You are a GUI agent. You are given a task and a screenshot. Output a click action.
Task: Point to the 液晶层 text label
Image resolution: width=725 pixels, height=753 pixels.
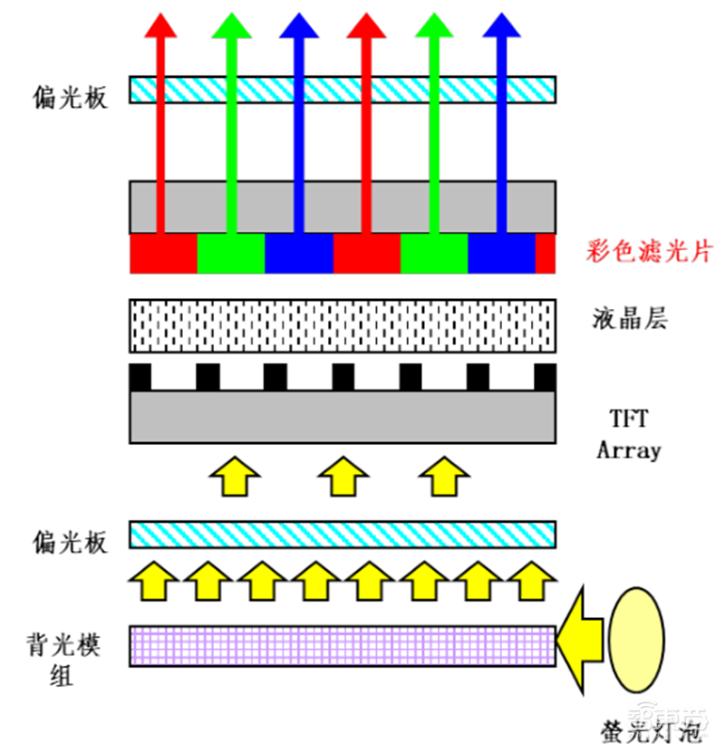[629, 318]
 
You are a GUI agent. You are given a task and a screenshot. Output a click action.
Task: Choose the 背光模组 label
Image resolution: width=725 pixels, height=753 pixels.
[63, 660]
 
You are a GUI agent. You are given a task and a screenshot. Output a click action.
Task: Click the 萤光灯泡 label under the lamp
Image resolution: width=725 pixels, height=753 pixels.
[643, 731]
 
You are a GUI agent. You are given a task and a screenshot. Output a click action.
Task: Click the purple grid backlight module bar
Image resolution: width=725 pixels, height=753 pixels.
[342, 646]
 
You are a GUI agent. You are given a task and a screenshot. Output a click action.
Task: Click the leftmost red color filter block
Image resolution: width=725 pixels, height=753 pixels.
[163, 254]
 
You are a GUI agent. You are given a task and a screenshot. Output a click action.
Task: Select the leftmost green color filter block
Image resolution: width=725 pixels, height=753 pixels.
[230, 254]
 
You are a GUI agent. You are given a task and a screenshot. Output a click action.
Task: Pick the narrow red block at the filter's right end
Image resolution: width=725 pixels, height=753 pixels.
[546, 254]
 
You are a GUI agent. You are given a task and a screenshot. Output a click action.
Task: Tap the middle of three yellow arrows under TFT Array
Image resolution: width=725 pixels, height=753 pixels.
[342, 475]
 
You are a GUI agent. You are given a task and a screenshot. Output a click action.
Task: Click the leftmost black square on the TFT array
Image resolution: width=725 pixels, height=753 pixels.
[140, 376]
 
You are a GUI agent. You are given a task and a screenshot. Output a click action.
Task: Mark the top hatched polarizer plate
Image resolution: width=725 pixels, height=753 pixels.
[342, 89]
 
